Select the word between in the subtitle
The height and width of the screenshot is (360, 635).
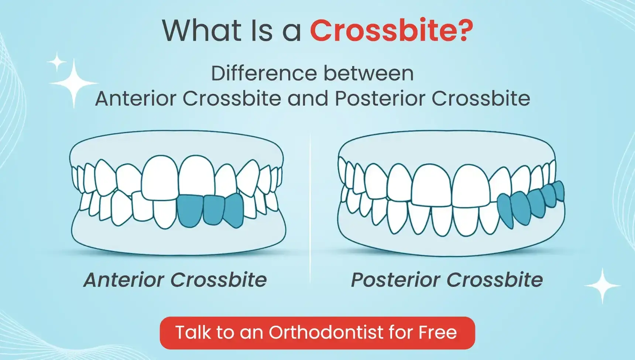click(x=368, y=73)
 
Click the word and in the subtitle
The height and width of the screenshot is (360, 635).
click(x=308, y=99)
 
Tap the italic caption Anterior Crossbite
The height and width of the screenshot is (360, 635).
click(x=175, y=280)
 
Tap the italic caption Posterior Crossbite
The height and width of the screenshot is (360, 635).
click(x=447, y=280)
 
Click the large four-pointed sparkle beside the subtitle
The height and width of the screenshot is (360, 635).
click(x=74, y=83)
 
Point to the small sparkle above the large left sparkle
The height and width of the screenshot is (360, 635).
click(x=57, y=62)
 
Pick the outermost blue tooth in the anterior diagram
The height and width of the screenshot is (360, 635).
click(x=234, y=210)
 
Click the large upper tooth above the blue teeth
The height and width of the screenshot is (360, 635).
click(x=197, y=175)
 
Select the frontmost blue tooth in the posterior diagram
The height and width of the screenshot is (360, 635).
click(x=505, y=211)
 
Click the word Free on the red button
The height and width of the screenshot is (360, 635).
click(x=437, y=332)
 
